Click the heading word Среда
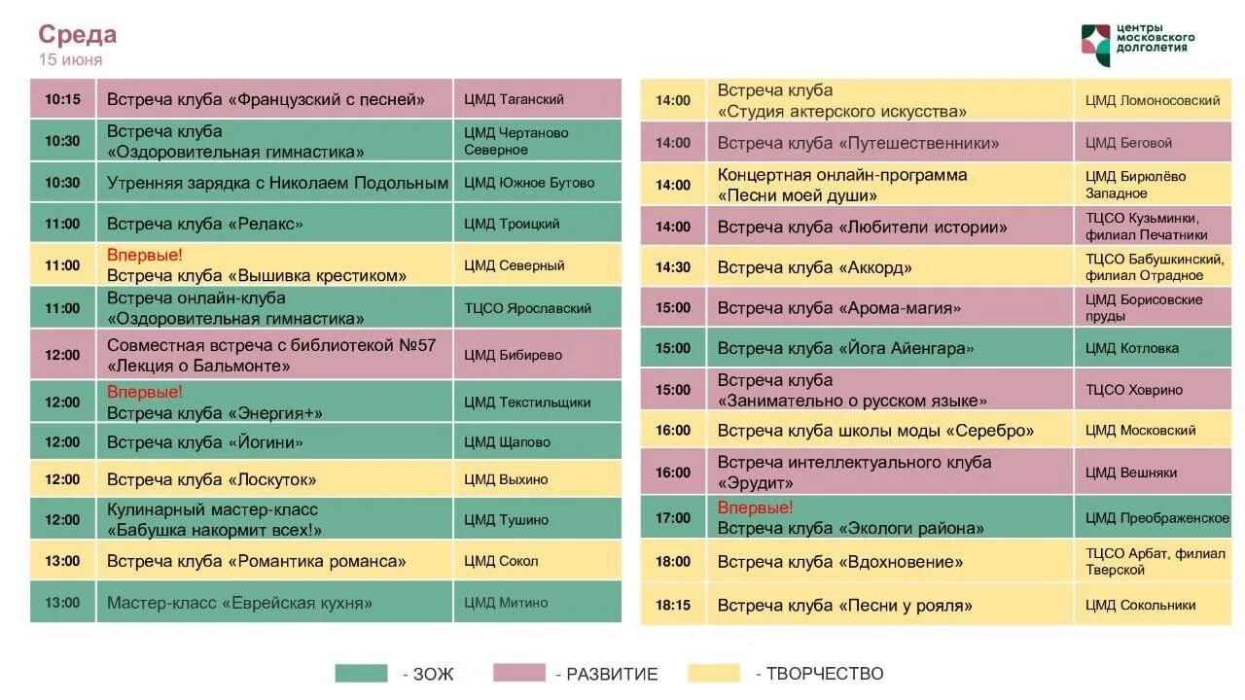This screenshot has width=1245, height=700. [78, 35]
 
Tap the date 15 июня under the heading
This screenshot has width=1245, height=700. [70, 60]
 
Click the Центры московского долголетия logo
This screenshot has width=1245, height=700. [1137, 45]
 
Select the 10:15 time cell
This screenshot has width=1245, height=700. [62, 99]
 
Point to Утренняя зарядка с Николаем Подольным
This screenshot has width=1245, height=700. [277, 183]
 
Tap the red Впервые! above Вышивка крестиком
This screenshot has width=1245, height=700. [145, 256]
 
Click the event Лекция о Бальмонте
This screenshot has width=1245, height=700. [198, 367]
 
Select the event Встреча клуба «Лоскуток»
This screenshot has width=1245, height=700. [211, 479]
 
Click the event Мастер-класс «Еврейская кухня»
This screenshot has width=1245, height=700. [239, 603]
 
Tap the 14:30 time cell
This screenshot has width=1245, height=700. [672, 267]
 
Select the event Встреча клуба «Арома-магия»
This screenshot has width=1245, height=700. [839, 308]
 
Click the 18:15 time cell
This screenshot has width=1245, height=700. [672, 605]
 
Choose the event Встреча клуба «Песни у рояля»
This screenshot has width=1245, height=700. [845, 606]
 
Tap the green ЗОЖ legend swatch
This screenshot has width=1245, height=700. [361, 673]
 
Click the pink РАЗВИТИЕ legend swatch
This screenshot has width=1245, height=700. [519, 673]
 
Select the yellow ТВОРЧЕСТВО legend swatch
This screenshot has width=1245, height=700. [714, 673]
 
